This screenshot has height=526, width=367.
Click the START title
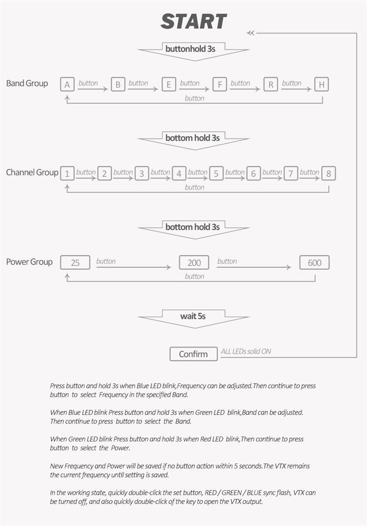coord(193,22)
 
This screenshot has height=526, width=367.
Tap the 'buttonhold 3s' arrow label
coord(190,49)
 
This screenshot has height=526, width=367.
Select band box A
coord(67,85)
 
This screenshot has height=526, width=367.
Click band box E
coord(169,85)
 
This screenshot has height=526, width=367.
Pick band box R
coord(271,85)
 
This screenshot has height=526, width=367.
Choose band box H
coord(321,85)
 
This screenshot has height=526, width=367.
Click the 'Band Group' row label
coord(27,84)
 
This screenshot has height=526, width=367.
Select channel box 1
coord(67,174)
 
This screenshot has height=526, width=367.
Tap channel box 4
coord(179,174)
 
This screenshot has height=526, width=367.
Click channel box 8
coord(329,174)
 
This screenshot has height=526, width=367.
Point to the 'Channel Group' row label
coord(32,173)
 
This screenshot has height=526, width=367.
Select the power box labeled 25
coord(75,262)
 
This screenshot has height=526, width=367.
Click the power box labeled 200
coord(194,262)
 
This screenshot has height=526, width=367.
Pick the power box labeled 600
coord(314,262)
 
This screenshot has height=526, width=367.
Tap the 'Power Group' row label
coord(29,262)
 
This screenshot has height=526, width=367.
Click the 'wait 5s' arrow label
coord(193,316)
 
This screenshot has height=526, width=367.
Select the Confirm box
coord(193,354)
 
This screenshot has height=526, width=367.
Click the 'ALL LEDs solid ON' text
coord(246,351)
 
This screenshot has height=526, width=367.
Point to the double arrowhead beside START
coord(250,33)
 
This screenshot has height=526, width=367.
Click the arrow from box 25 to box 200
coord(134,267)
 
